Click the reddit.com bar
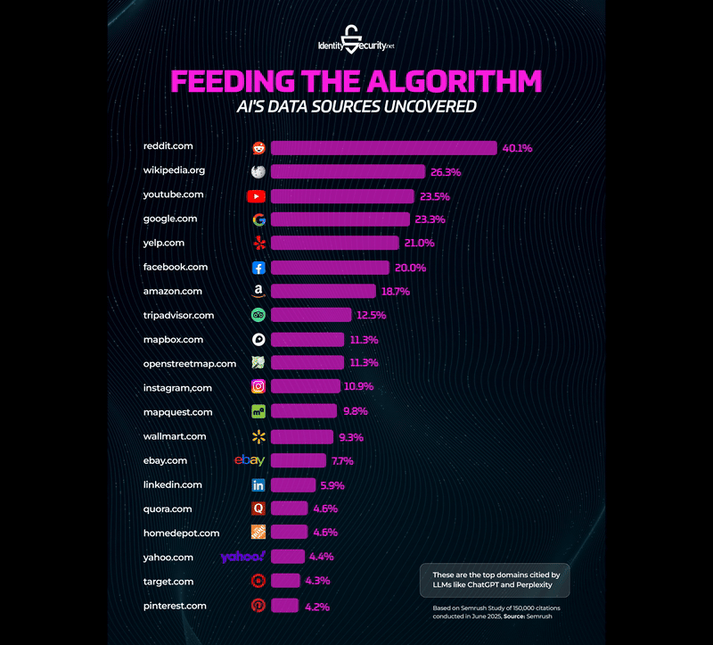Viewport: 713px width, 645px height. pyautogui.click(x=383, y=148)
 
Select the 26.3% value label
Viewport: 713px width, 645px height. pyautogui.click(x=444, y=171)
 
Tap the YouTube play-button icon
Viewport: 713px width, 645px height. pyautogui.click(x=257, y=195)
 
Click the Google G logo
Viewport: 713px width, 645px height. pyautogui.click(x=258, y=219)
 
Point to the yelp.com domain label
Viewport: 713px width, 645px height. pyautogui.click(x=164, y=243)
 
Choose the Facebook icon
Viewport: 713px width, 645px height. pyautogui.click(x=258, y=268)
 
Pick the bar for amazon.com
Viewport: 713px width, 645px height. pyautogui.click(x=323, y=292)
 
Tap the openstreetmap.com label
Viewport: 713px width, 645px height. pyautogui.click(x=190, y=363)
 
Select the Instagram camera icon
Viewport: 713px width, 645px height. pyautogui.click(x=258, y=387)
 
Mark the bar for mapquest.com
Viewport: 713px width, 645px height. pyautogui.click(x=303, y=411)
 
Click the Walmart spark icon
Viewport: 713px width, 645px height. pyautogui.click(x=258, y=436)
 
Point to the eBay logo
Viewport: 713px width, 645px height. pyautogui.click(x=250, y=460)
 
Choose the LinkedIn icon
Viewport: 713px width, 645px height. pyautogui.click(x=258, y=485)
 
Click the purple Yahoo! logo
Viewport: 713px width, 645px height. pyautogui.click(x=243, y=558)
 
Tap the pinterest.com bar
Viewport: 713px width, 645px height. pyautogui.click(x=284, y=606)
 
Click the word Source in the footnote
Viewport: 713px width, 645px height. pyautogui.click(x=513, y=616)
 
